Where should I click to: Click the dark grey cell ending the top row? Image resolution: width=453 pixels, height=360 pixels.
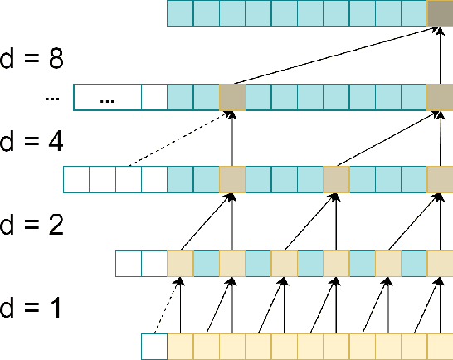pyautogui.click(x=440, y=14)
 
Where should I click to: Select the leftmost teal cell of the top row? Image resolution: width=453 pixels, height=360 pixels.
pyautogui.click(x=179, y=14)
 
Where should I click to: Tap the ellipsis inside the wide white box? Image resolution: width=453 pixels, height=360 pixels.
pyautogui.click(x=107, y=97)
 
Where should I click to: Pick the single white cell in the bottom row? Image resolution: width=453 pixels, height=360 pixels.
pyautogui.click(x=154, y=345)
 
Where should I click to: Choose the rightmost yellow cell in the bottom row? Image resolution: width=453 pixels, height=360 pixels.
pyautogui.click(x=440, y=345)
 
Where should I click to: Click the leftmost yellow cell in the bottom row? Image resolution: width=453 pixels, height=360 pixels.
pyautogui.click(x=180, y=345)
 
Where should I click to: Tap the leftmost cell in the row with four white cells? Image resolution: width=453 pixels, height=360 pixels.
pyautogui.click(x=76, y=179)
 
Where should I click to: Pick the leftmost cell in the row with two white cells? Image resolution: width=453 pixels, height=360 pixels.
pyautogui.click(x=128, y=262)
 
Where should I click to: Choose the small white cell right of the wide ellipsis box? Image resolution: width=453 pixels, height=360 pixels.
pyautogui.click(x=153, y=97)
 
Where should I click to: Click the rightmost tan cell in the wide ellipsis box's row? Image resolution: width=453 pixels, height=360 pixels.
pyautogui.click(x=440, y=97)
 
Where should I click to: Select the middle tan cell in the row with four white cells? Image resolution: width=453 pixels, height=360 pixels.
pyautogui.click(x=335, y=179)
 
